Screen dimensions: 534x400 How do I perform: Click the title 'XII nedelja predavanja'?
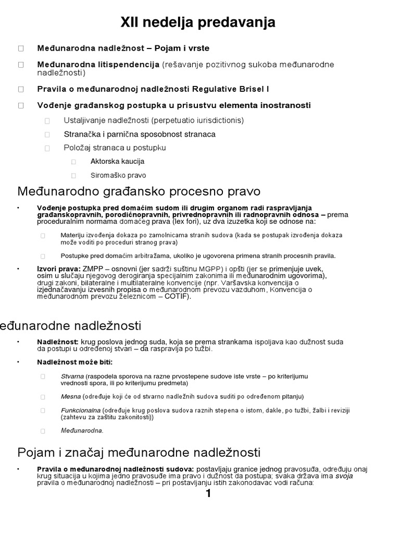198,22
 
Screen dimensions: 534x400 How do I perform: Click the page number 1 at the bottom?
208,494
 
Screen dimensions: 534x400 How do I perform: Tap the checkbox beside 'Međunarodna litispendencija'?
21,65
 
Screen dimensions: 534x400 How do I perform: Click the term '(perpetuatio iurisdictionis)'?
198,120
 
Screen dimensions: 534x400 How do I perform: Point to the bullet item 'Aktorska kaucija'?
117,162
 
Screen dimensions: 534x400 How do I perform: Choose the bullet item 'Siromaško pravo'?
118,176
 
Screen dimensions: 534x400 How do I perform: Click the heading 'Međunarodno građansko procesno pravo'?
139,191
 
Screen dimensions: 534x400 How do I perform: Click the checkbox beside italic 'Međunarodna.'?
43,431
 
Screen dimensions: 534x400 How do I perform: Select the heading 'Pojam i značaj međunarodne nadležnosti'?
139,452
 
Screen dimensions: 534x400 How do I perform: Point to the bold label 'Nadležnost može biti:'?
74,362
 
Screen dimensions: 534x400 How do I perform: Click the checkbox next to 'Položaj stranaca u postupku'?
47,148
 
